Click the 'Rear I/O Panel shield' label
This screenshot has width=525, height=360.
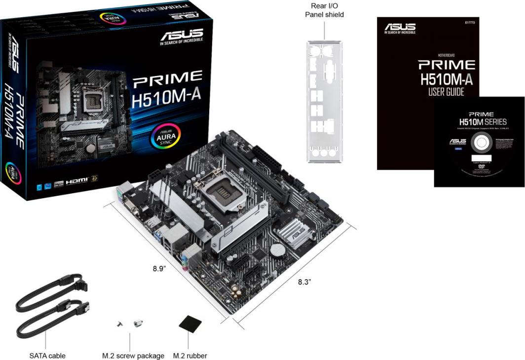coord(324,10)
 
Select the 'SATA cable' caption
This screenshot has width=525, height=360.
coord(47,356)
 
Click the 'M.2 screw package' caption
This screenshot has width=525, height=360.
coord(133,356)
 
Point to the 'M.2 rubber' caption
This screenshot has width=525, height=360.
coord(190,356)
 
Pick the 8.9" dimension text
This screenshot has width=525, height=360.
coord(159,269)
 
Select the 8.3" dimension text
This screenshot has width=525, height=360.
coord(304,282)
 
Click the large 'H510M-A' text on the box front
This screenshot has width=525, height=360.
coord(166,95)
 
